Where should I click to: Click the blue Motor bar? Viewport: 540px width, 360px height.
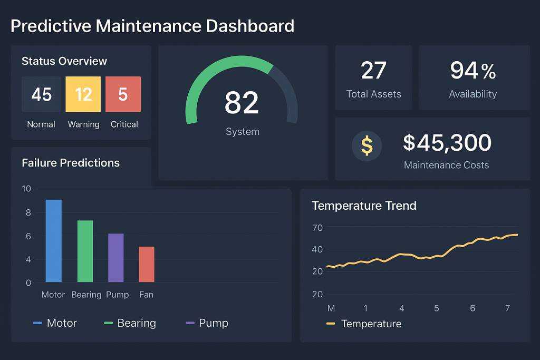(x=53, y=241)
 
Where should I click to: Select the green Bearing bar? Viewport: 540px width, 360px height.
(x=85, y=251)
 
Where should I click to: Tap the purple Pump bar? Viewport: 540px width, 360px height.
(x=116, y=258)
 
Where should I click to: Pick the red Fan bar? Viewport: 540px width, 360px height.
(x=147, y=264)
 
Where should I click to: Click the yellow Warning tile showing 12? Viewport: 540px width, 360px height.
(x=83, y=94)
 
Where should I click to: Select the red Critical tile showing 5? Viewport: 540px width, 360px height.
(x=123, y=94)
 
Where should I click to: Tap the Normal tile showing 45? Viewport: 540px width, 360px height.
(x=41, y=94)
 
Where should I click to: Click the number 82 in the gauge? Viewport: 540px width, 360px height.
(x=242, y=103)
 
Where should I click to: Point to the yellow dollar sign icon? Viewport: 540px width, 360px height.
(x=367, y=145)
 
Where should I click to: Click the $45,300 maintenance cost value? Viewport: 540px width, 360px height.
(x=447, y=143)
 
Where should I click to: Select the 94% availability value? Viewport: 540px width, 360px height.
(x=473, y=71)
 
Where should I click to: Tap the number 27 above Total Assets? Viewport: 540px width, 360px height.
(x=373, y=71)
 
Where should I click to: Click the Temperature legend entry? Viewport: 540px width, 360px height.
(x=371, y=324)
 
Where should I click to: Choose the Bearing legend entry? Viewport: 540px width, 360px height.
(x=136, y=323)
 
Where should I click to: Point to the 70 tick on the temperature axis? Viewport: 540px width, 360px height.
(x=317, y=228)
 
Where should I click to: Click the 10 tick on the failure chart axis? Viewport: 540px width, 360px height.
(x=26, y=189)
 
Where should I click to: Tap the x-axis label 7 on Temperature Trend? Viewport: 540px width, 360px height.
(x=507, y=308)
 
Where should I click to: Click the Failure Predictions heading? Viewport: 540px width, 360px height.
(x=71, y=163)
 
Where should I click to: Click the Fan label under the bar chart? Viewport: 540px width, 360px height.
(x=146, y=295)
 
